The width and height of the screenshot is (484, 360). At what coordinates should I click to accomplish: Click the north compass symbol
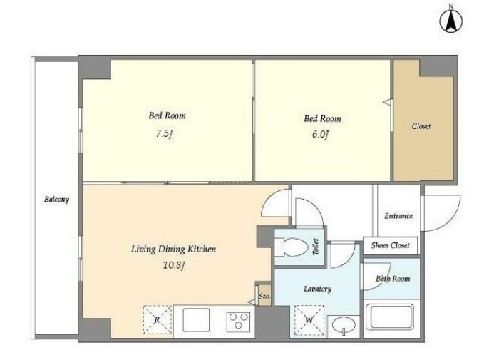[451, 21]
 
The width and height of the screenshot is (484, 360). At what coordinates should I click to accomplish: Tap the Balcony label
[56, 199]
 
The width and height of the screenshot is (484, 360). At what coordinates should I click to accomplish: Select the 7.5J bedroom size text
[164, 134]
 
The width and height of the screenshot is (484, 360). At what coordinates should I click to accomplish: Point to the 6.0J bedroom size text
[320, 134]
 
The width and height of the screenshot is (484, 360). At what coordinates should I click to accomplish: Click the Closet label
[421, 126]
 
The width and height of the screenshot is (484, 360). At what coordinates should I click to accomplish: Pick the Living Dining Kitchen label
[173, 250]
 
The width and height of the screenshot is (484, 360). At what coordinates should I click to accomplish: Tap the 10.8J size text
[173, 265]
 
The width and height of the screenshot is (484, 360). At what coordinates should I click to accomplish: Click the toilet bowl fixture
[292, 247]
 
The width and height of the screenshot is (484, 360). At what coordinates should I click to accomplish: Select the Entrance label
[398, 216]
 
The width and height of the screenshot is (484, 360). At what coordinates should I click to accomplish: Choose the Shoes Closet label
[390, 245]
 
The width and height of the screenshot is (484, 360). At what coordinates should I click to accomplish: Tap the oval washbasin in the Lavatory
[344, 325]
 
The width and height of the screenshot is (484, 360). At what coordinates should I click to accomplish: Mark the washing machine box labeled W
[309, 320]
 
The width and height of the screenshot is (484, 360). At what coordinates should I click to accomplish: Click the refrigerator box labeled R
[158, 319]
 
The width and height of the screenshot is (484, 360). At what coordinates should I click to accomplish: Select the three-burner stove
[238, 321]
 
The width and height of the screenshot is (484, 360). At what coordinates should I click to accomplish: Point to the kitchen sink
[196, 320]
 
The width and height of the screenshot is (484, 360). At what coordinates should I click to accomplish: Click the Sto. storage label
[264, 297]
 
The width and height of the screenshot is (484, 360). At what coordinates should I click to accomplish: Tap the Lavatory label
[318, 289]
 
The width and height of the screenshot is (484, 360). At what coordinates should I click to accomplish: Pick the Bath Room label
[393, 279]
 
